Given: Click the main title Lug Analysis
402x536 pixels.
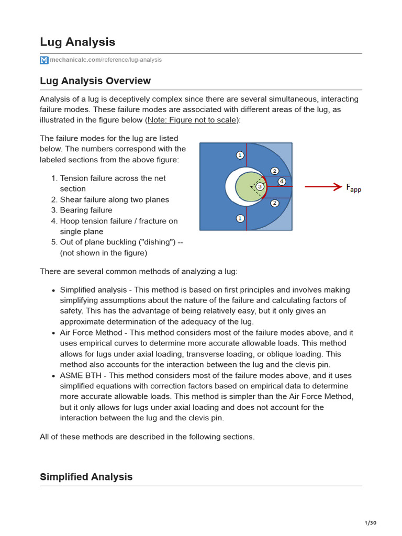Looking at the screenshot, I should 77,42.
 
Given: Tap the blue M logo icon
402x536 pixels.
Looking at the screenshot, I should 44,60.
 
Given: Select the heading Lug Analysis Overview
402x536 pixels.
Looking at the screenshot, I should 95,81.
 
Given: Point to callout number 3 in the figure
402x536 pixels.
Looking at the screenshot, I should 260,186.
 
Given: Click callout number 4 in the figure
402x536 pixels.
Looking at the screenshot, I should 282,182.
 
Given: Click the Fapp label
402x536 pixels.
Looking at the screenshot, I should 353,187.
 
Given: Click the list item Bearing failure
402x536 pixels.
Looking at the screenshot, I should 86,210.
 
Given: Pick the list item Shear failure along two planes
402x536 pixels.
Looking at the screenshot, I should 115,199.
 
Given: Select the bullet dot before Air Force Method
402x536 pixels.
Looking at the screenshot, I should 53,333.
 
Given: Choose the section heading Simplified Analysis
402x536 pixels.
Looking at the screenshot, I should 86,477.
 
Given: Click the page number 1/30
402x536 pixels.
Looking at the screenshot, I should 370,523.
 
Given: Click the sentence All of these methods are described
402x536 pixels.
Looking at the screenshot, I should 147,437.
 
